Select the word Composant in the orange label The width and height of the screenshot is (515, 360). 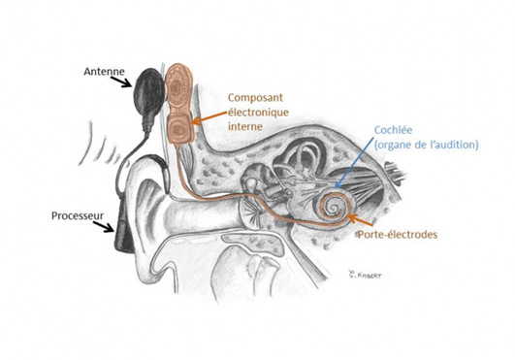tap(256, 98)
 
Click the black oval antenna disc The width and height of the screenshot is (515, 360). tap(148, 97)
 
